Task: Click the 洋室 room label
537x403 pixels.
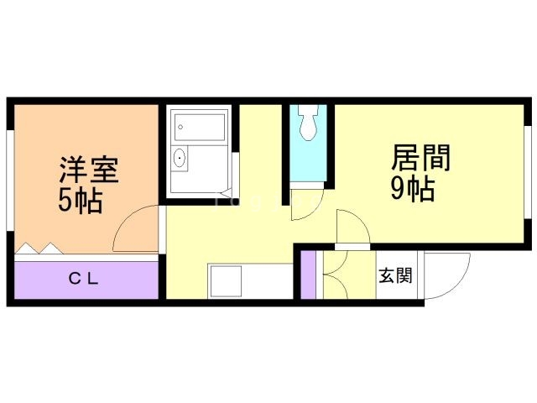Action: pos(88,169)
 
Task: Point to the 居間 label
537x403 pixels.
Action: pos(420,158)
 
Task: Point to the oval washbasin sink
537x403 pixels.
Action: pos(179,159)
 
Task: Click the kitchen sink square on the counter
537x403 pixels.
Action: pos(225,280)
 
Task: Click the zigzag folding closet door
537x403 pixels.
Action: pos(38,249)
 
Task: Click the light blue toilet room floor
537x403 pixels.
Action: pos(309,164)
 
